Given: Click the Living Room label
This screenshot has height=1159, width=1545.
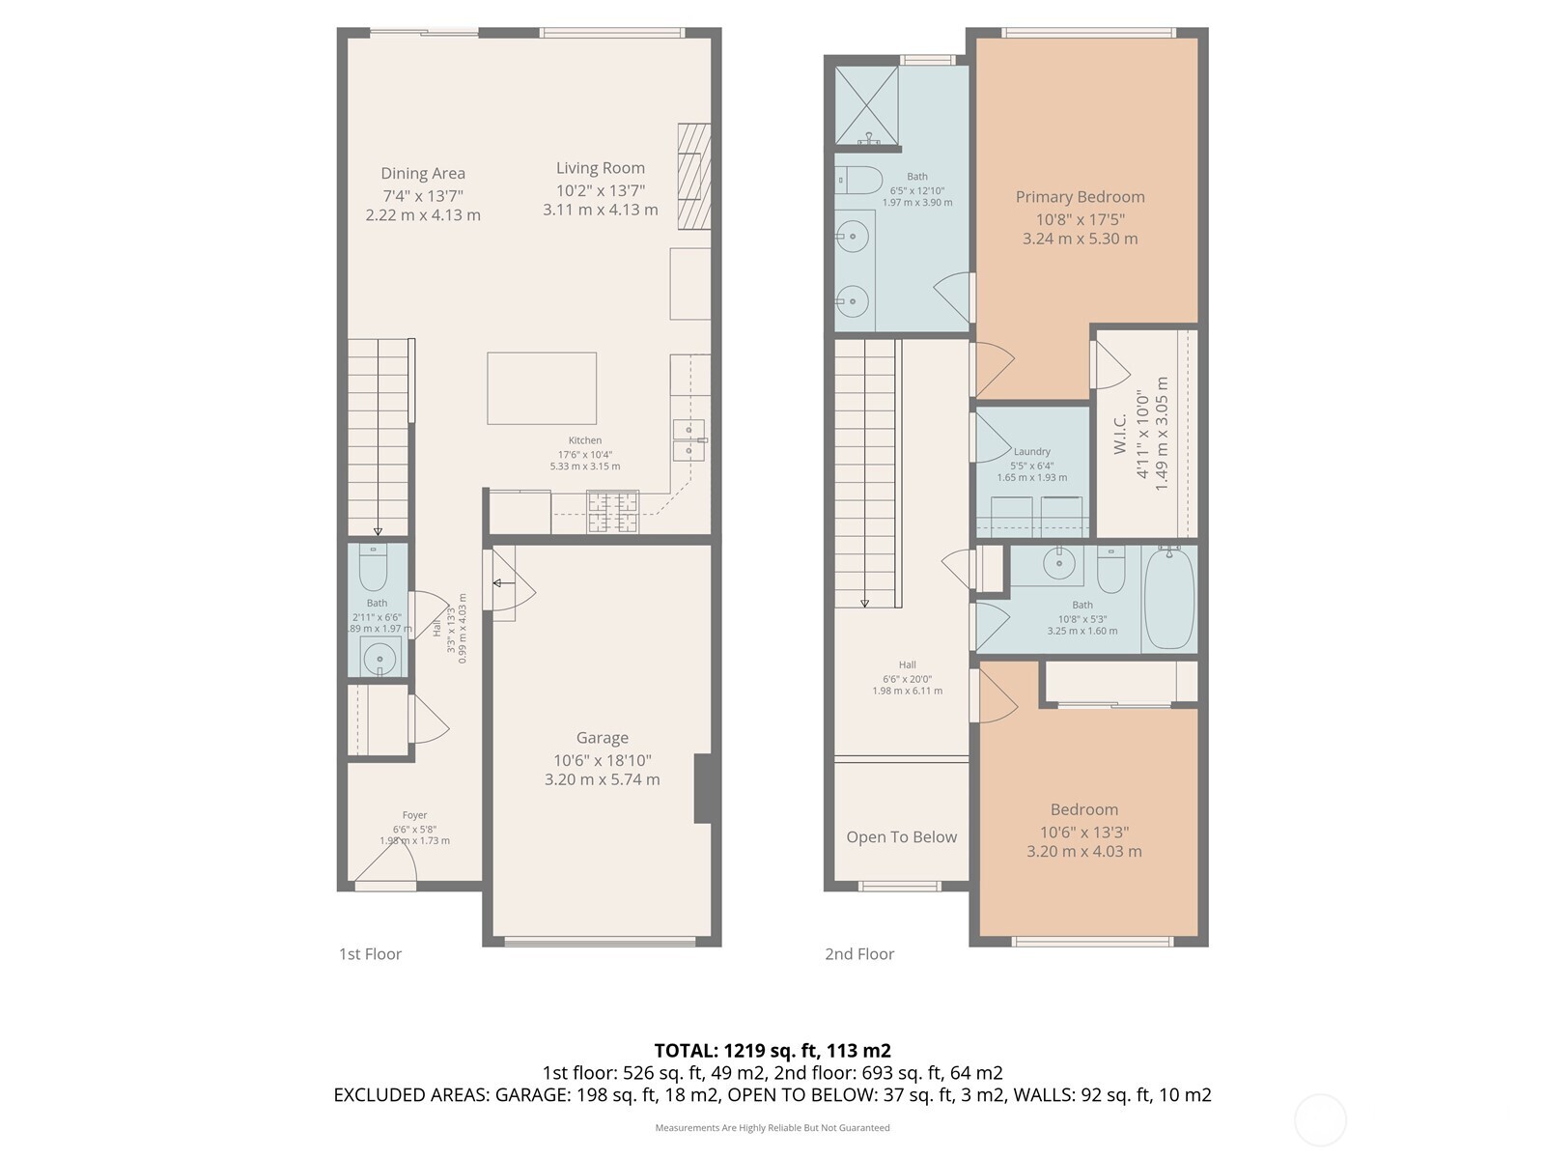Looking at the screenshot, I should (x=600, y=168).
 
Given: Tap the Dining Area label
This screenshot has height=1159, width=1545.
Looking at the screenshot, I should (x=423, y=174).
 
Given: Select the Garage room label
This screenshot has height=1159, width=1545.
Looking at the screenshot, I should (x=602, y=738).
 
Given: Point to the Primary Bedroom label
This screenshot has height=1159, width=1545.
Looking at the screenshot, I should (x=1080, y=197).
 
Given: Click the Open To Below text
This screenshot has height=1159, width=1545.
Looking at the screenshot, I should (x=901, y=837).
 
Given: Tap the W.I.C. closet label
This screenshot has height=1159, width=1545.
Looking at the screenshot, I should (x=1121, y=436).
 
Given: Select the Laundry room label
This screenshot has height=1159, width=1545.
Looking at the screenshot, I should (x=1031, y=451).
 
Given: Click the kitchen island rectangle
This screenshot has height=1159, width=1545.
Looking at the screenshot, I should (x=542, y=388).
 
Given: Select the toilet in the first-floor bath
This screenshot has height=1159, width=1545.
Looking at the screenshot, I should (x=373, y=568).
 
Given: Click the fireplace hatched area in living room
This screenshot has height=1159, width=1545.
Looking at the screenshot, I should (x=693, y=176).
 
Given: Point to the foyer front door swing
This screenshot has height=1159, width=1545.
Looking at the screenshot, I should (x=386, y=869).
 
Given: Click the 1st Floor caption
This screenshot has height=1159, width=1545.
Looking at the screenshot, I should (x=370, y=954).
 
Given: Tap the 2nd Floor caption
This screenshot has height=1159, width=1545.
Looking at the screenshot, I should (x=859, y=954).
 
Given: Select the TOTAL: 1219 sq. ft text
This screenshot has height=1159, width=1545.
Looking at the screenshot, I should (x=772, y=1051).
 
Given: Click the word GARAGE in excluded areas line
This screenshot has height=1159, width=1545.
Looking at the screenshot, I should (x=532, y=1095).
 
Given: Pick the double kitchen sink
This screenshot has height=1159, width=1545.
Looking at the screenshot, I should (x=688, y=439).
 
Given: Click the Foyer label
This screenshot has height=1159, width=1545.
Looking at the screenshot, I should (x=414, y=815).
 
